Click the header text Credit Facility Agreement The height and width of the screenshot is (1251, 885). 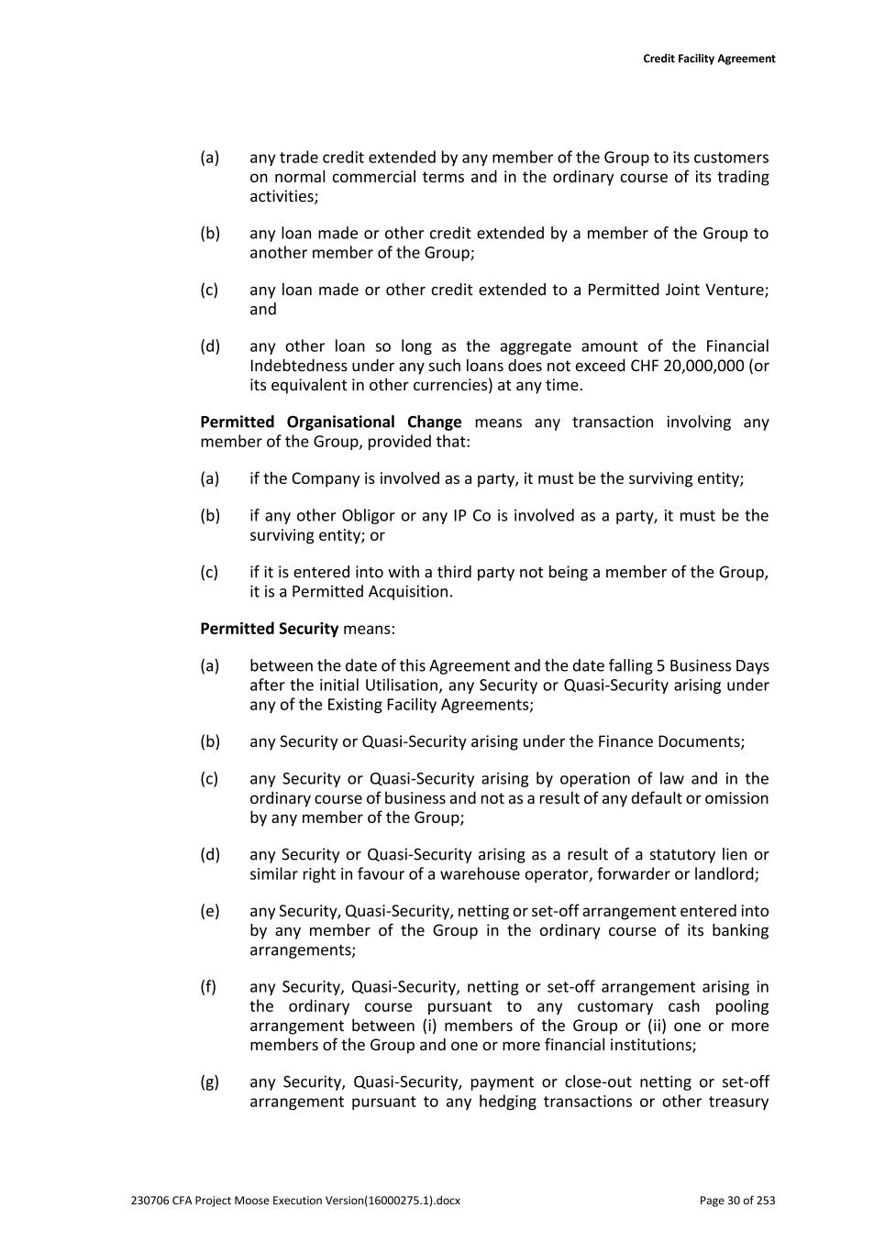click(708, 59)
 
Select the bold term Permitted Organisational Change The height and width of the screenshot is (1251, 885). click(330, 422)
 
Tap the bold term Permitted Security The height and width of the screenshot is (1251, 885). click(269, 629)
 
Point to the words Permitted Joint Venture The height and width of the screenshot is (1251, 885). click(675, 290)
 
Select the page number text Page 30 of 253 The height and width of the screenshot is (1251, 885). click(736, 1201)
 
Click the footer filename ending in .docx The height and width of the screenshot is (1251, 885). click(295, 1201)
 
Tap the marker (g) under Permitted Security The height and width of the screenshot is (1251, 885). click(210, 1082)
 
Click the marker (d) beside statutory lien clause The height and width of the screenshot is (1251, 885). click(210, 855)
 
